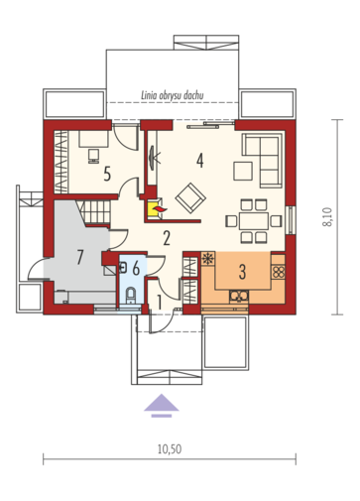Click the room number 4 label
point(199,161)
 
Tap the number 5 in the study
point(107,174)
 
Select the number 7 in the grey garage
point(79,257)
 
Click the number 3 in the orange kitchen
point(242,272)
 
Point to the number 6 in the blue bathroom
point(136,269)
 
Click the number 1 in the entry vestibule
point(159,303)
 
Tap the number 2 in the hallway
point(167,238)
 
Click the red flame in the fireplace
point(161,209)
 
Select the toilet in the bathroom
point(131,295)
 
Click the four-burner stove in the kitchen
point(279,272)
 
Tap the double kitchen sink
point(239,296)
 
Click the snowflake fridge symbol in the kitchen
point(208,259)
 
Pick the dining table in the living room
point(254,221)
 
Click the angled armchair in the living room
point(190,197)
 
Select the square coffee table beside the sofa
point(243,171)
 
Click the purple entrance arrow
point(162,406)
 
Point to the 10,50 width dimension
point(170,449)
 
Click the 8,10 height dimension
point(326,216)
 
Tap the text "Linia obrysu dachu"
point(173,95)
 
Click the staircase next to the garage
point(94,212)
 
